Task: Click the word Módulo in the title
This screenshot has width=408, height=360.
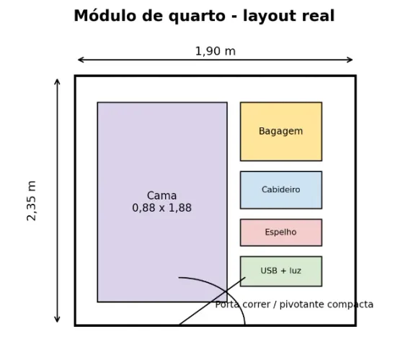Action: pos(105,16)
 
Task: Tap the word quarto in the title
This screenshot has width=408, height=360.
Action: pos(197,17)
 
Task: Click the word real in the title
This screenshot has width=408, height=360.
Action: pos(318,16)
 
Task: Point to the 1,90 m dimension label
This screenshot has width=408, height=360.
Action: pos(216,51)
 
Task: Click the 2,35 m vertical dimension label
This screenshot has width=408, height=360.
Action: pos(32,201)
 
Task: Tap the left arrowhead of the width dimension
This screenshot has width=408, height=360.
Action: pos(81,60)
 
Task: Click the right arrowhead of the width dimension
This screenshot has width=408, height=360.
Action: pos(350,60)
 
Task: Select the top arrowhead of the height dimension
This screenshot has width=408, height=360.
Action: pos(57,81)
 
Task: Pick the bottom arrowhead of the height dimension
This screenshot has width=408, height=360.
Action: pos(57,320)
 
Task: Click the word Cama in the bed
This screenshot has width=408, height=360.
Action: pos(162,195)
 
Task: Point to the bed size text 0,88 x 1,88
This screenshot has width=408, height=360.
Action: pos(162,208)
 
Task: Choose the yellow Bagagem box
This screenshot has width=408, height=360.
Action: pos(281,132)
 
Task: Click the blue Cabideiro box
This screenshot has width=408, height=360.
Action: pos(281,190)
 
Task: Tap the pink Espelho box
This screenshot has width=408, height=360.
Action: pos(281,233)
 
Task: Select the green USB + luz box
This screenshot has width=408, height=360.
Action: pos(281,271)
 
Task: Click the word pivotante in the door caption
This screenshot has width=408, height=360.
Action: pos(302,305)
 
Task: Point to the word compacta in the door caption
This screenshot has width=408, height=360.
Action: pos(350,305)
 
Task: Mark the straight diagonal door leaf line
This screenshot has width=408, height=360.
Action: pos(212,301)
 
